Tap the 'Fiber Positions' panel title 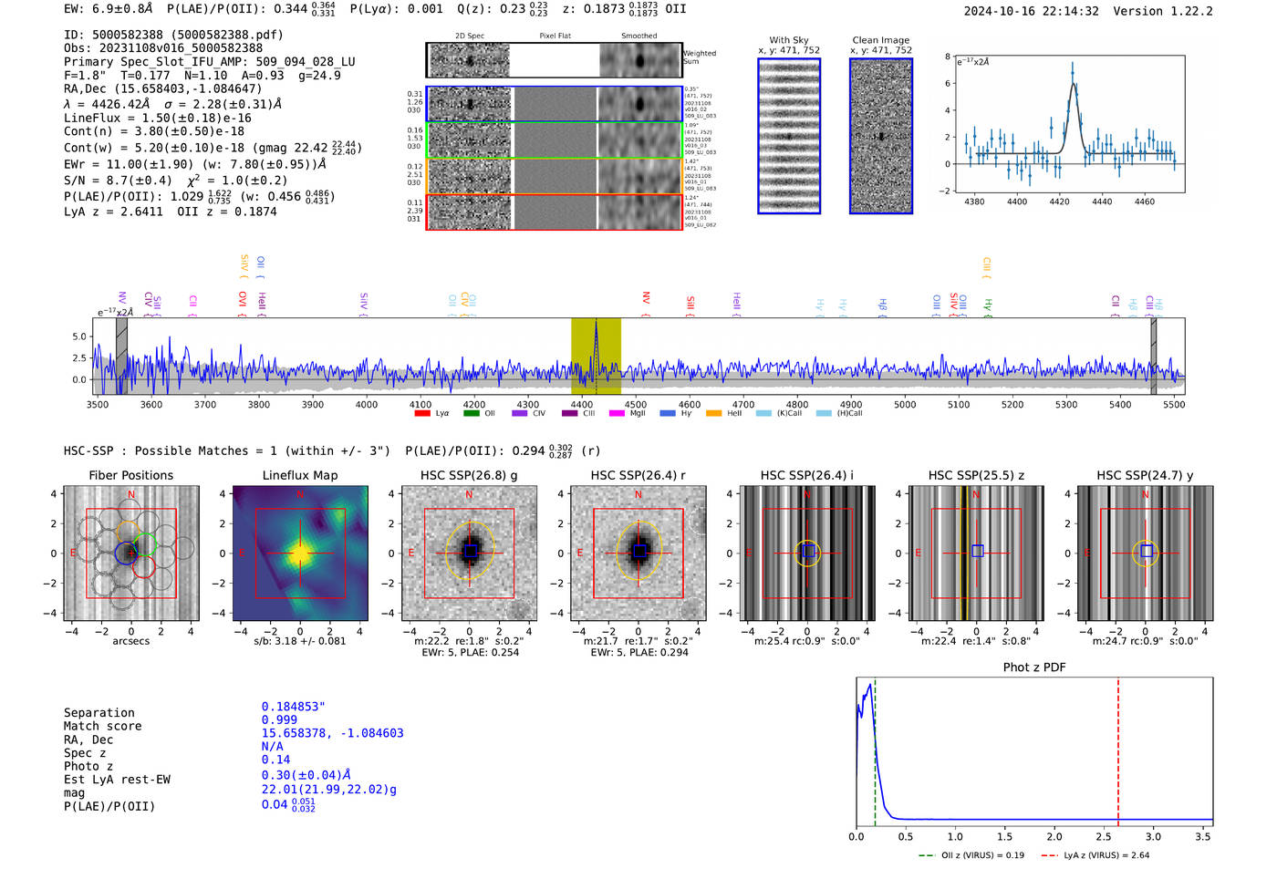pyautogui.click(x=130, y=475)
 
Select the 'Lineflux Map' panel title pyautogui.click(x=300, y=475)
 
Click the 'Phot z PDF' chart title pyautogui.click(x=1034, y=667)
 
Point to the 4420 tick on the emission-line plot pyautogui.click(x=1059, y=202)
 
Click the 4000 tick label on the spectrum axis pyautogui.click(x=367, y=405)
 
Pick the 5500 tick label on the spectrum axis pyautogui.click(x=1174, y=405)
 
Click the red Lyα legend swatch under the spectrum pyautogui.click(x=422, y=414)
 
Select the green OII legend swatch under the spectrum pyautogui.click(x=471, y=414)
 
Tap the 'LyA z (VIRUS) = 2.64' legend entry pyautogui.click(x=1106, y=855)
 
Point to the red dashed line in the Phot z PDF pyautogui.click(x=1118, y=748)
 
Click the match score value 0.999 pyautogui.click(x=279, y=720)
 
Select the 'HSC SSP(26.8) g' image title pyautogui.click(x=469, y=475)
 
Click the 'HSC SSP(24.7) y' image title pyautogui.click(x=1145, y=475)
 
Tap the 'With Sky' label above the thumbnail pyautogui.click(x=789, y=40)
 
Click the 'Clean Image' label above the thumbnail pyautogui.click(x=881, y=40)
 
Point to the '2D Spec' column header pyautogui.click(x=470, y=36)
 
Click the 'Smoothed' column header pyautogui.click(x=638, y=36)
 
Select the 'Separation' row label pyautogui.click(x=99, y=713)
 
